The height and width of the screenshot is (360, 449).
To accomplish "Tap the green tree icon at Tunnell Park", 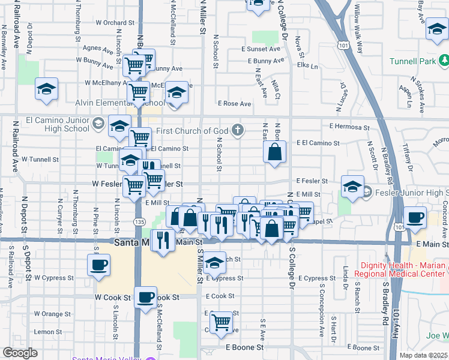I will coord(444,61).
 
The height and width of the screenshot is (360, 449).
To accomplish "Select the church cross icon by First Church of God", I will coord(238,130).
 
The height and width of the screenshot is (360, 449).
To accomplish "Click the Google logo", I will coord(20,353).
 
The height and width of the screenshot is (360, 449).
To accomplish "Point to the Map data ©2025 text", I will coord(424,355).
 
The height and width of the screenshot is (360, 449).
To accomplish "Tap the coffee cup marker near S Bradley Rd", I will coord(415,217).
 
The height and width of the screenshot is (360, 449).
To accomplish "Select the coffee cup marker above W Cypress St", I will coord(99,263).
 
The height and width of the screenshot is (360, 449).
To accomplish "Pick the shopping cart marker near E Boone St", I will coord(221,321).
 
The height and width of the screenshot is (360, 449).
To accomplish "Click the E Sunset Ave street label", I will coord(261,49).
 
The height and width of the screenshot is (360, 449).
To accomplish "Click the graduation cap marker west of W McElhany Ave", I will coord(46,89).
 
